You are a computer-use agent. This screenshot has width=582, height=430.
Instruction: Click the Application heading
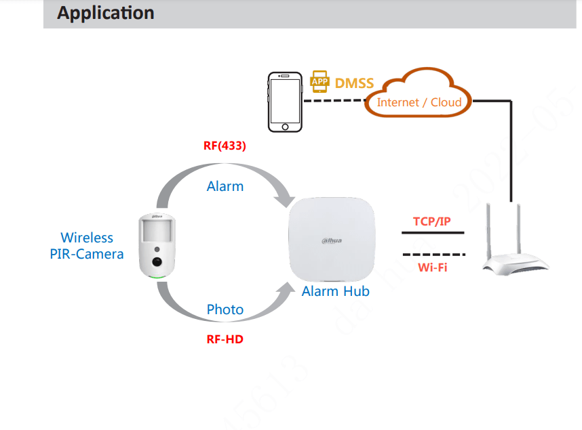[105, 13]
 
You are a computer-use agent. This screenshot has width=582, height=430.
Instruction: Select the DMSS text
[354, 83]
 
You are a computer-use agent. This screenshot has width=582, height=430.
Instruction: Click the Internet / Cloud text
[419, 102]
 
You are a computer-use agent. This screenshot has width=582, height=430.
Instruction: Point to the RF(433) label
[225, 146]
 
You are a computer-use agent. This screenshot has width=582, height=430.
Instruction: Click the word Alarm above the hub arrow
[225, 186]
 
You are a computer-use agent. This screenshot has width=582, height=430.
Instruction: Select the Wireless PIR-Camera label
[87, 246]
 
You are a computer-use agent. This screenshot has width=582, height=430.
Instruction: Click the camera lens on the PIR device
[156, 262]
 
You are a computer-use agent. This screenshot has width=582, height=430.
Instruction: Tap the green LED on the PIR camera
[157, 278]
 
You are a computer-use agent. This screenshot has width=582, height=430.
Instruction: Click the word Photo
[225, 309]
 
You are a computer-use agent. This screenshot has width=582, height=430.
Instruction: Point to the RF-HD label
[225, 339]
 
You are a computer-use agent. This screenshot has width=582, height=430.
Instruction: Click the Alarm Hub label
[336, 291]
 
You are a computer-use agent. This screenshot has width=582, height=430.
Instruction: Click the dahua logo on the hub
[332, 240]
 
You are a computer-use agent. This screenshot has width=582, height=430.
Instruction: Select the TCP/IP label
[432, 221]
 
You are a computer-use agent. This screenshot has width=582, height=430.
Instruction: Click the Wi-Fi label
[432, 267]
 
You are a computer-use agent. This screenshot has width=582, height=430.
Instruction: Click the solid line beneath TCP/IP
[433, 233]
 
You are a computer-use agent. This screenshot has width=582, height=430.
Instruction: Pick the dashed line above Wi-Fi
[433, 255]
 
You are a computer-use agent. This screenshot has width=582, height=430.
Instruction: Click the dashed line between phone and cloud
[334, 102]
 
